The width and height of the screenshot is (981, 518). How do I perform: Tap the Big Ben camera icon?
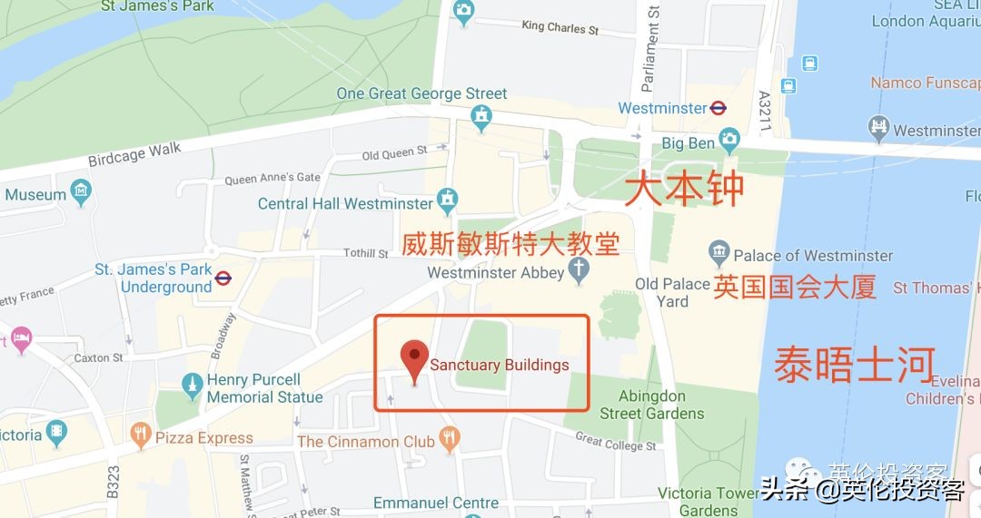pos(729,141)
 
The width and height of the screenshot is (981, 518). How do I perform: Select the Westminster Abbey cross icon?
pos(579,269)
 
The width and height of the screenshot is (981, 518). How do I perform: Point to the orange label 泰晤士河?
pos(854,365)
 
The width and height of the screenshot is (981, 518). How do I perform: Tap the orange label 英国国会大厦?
pos(795,287)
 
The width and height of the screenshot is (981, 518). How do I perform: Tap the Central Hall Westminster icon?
pos(447,199)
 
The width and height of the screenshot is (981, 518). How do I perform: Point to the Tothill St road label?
pos(366,253)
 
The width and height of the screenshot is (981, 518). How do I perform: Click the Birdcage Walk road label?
pos(134,154)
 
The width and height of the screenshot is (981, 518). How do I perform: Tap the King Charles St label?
pos(560,28)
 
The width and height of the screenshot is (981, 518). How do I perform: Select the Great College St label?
pos(615,442)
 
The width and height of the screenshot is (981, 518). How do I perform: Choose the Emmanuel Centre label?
pos(435,503)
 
